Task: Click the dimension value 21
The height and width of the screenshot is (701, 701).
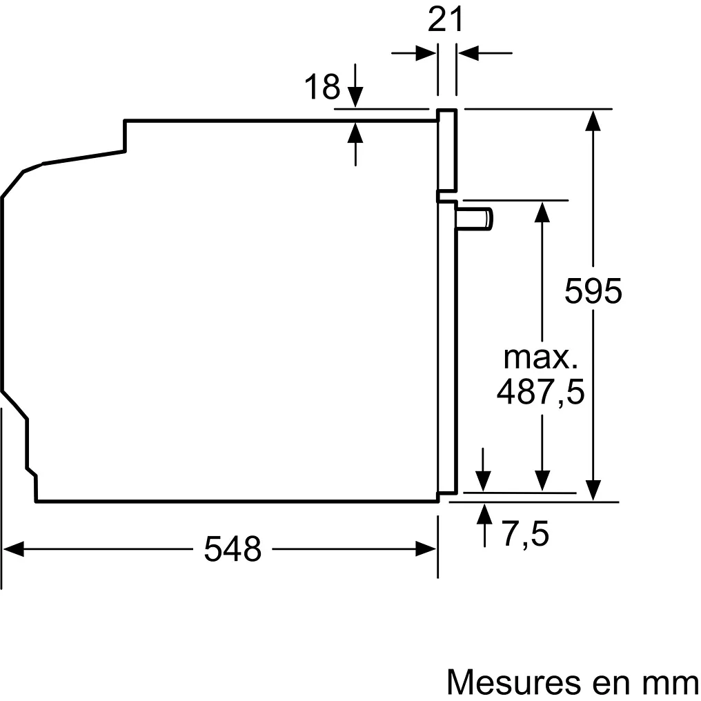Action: [x=445, y=20]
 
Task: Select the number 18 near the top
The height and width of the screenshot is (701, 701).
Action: [x=322, y=87]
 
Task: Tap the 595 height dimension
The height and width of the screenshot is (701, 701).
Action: [x=593, y=291]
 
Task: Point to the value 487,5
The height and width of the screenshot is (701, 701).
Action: [x=540, y=392]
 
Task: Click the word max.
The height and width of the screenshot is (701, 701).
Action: [x=540, y=357]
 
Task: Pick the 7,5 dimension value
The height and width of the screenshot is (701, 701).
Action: [x=526, y=534]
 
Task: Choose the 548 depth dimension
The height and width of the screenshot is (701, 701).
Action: [x=233, y=549]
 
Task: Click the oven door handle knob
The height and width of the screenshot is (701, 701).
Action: [x=475, y=219]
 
